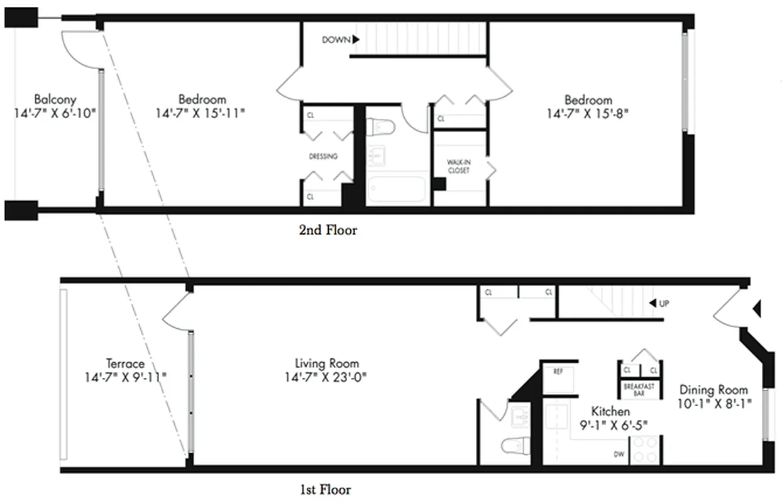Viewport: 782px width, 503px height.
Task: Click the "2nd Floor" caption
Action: tap(328, 230)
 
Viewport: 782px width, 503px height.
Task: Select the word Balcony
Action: tap(55, 99)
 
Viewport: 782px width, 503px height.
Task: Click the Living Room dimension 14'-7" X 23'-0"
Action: tap(327, 377)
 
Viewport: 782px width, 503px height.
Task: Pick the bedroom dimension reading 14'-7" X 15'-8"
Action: tap(587, 114)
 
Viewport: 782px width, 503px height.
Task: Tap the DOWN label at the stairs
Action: tap(336, 40)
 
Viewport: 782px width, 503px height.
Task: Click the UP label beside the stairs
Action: tap(663, 304)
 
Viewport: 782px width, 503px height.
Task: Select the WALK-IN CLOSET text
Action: tap(458, 166)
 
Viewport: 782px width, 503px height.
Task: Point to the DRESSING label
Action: tap(323, 157)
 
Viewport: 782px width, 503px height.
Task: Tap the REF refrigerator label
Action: tap(558, 372)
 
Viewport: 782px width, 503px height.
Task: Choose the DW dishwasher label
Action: tap(619, 454)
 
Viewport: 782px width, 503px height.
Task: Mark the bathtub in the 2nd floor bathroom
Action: tap(397, 190)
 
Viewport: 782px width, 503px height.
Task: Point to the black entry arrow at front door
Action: tap(757, 309)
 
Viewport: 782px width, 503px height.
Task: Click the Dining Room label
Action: tap(713, 390)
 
